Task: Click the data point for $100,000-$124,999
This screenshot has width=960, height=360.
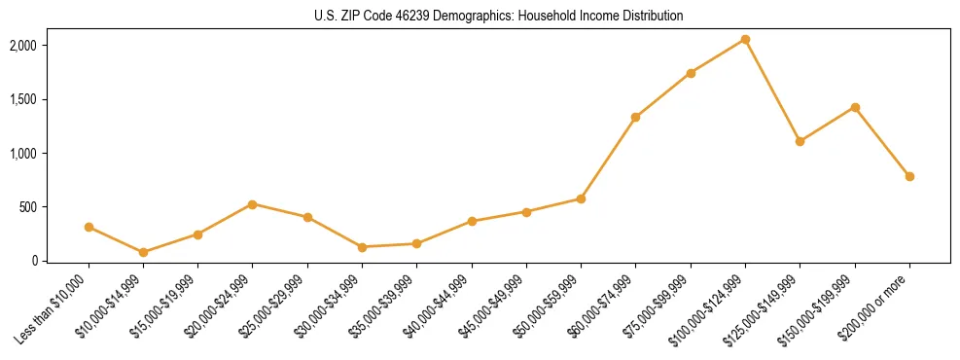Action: point(745,39)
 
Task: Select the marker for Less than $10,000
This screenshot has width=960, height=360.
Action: point(89,227)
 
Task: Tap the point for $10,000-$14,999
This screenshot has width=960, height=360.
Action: point(143,252)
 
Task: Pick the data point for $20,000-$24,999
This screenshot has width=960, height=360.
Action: point(253,204)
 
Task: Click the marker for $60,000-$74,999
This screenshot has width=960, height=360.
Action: point(635,117)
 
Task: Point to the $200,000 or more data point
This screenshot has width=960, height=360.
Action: point(909,176)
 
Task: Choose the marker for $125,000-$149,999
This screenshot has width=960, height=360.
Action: point(800,141)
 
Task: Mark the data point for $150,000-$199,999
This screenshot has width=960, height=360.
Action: point(855,107)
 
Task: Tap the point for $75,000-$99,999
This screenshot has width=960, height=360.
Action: point(691,73)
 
